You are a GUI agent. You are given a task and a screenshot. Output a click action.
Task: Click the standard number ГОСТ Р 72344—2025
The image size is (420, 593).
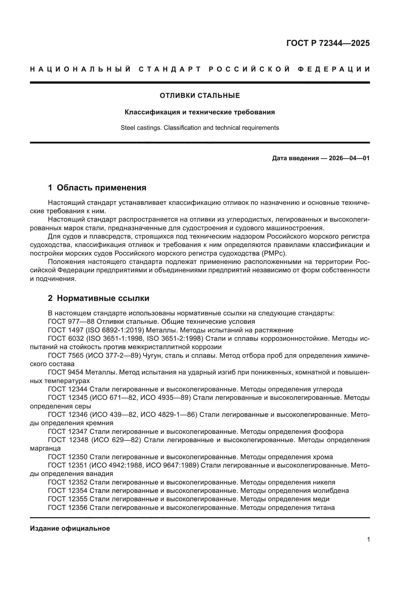point(328,43)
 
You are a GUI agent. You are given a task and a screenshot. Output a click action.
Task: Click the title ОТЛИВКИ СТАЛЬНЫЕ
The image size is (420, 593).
point(200,96)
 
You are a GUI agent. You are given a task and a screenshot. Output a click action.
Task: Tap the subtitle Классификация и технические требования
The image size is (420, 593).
point(200,112)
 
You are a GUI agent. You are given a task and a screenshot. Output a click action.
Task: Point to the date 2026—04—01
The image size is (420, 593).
point(349,158)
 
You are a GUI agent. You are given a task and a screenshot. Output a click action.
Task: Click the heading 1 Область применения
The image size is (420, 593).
point(97,188)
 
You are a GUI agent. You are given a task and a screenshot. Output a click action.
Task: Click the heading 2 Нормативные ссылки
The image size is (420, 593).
point(99,298)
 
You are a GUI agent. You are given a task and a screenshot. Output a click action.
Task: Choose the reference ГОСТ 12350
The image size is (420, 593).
point(68,457)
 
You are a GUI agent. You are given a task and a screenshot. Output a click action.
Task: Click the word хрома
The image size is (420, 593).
point(323,457)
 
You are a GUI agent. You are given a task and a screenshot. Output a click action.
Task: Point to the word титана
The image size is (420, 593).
point(324,508)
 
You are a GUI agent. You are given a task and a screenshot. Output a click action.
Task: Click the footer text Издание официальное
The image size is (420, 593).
point(70,529)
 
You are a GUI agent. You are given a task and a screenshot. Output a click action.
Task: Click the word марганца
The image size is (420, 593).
point(45,449)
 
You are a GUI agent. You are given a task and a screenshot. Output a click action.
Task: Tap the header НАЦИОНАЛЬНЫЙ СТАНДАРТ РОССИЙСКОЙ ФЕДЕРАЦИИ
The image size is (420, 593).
point(200,69)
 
